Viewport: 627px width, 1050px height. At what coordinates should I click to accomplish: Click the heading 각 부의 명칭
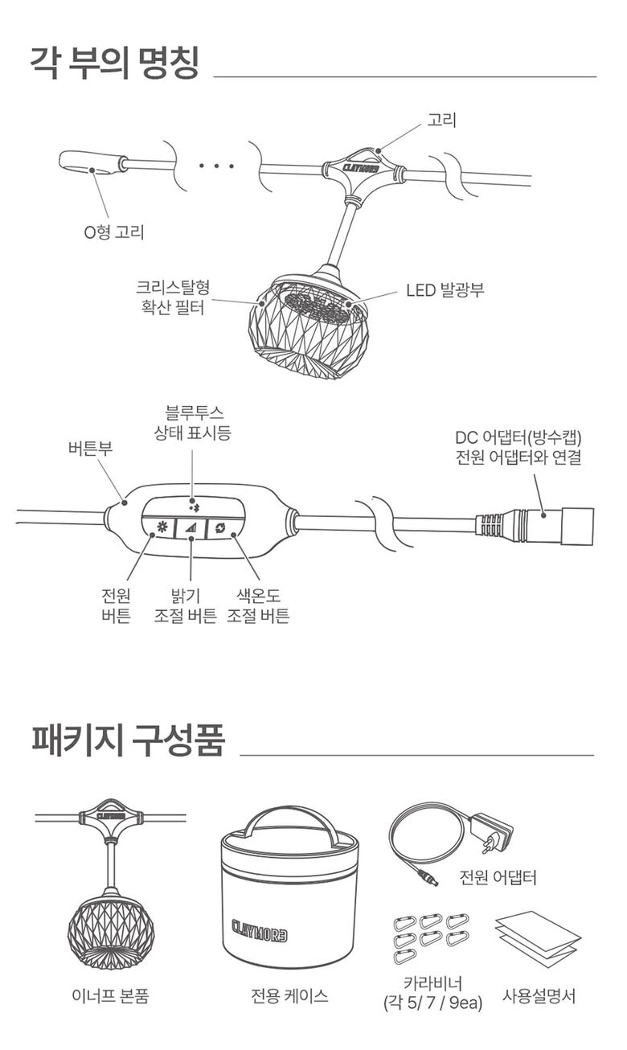(x=114, y=62)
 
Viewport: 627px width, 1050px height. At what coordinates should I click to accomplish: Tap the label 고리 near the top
(x=442, y=121)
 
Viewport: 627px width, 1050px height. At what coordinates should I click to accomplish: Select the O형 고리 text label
(x=115, y=233)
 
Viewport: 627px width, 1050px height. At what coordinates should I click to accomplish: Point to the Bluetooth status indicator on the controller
(x=191, y=504)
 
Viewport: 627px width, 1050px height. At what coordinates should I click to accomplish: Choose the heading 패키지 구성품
(x=128, y=740)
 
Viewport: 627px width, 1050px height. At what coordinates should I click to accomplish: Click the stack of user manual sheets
(x=537, y=938)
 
